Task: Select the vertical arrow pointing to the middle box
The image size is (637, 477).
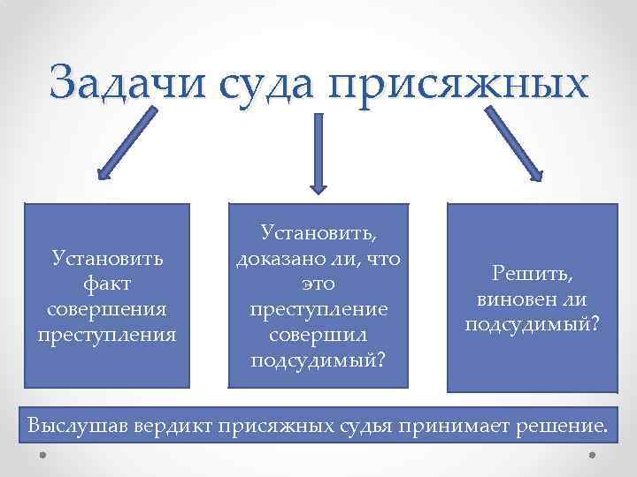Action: coord(318,155)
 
